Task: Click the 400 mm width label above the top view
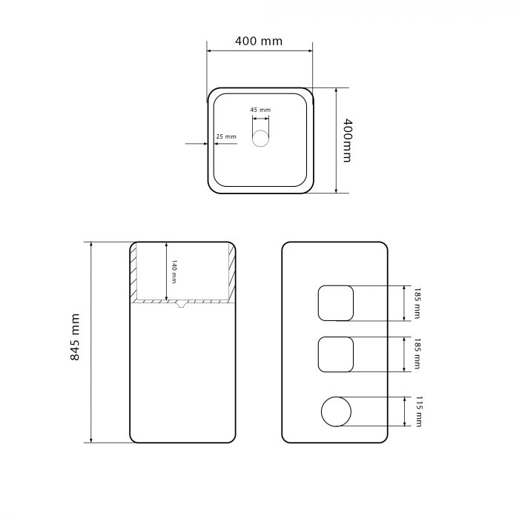259,41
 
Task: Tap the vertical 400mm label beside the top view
346,140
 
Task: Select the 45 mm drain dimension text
260,110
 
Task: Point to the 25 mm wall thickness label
226,136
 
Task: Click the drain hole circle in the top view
260,139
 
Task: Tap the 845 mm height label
75,337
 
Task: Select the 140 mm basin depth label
173,271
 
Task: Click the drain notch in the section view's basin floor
180,304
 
